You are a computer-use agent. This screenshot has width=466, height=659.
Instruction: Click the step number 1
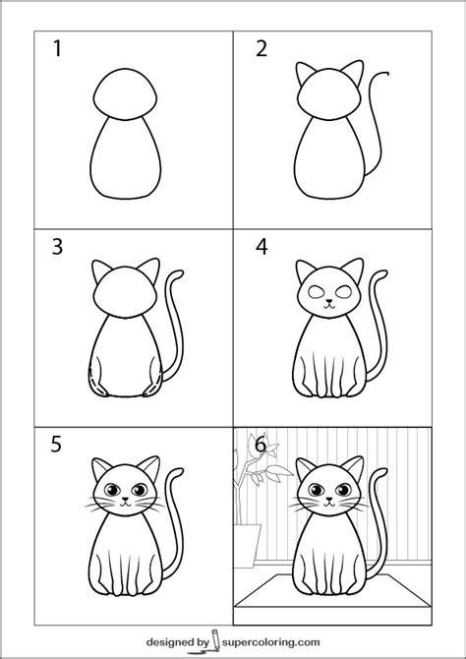[x=58, y=48]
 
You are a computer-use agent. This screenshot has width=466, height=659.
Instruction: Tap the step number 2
[x=262, y=48]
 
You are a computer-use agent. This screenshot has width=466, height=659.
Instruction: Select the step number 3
[x=58, y=247]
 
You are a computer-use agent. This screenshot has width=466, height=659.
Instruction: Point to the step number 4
[x=262, y=247]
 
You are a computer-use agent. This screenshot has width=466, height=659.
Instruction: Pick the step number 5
[x=58, y=445]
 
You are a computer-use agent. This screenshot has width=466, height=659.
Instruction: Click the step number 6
[x=261, y=445]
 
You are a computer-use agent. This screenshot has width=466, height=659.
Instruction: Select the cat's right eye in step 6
[x=341, y=489]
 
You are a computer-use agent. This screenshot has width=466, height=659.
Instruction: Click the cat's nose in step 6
[x=329, y=500]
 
